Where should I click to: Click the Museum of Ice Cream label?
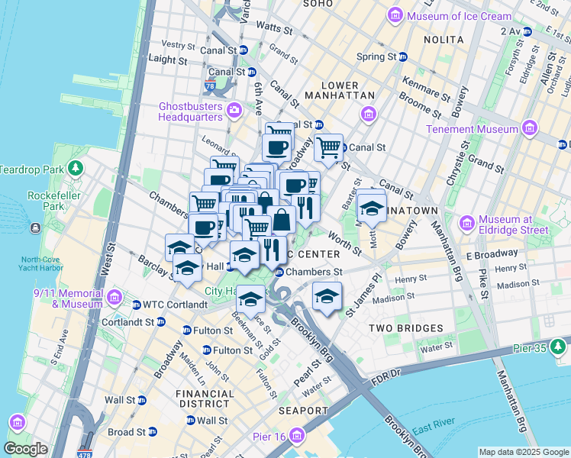tap(460, 16)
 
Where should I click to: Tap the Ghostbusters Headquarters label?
tap(190, 111)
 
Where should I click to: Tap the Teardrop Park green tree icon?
tap(75, 168)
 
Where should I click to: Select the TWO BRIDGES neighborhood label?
tap(405, 328)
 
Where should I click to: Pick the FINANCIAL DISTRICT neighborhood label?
tap(205, 398)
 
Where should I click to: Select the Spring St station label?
tap(376, 56)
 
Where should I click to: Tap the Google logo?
tap(25, 449)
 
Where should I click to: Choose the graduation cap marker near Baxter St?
tap(371, 207)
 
